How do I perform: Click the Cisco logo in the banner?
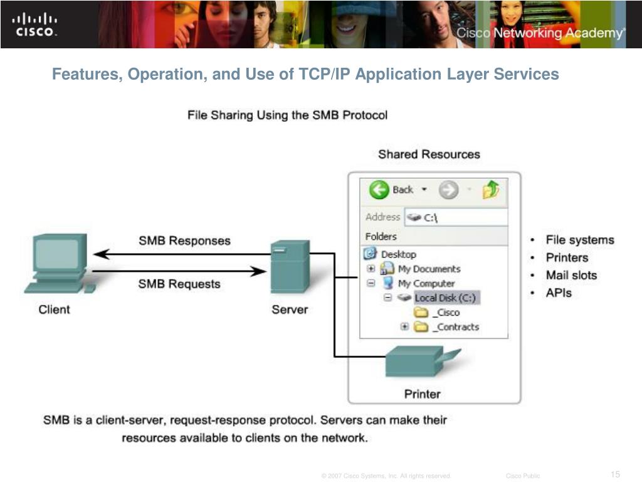34,24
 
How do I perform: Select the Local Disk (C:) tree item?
447,297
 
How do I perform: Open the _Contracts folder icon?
421,327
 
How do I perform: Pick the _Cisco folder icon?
421,313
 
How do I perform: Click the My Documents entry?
428,269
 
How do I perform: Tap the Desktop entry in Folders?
398,254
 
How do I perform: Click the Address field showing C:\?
456,217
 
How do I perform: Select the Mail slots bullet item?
571,275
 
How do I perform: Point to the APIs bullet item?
559,292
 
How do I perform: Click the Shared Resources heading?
429,154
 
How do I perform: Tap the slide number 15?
615,474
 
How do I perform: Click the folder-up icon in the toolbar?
491,189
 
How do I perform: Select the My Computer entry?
426,283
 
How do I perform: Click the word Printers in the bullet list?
567,257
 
